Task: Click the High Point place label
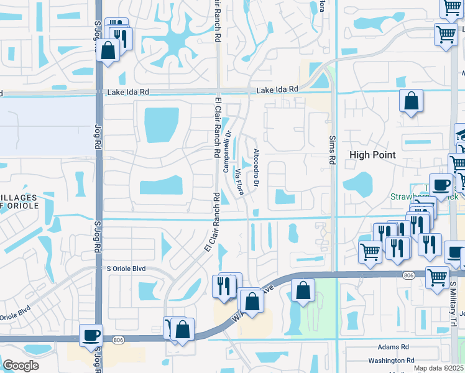(372, 155)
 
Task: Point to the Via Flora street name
(239, 181)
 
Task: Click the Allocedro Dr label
(256, 161)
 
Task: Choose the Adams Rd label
(393, 347)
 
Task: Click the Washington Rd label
(390, 361)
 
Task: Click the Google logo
(21, 366)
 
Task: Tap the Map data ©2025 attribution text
(439, 368)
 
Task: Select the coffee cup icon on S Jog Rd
(91, 335)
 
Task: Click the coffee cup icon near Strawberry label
(441, 185)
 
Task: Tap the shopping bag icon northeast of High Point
(411, 100)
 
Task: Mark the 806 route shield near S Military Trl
(408, 274)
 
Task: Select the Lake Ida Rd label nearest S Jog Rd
(128, 92)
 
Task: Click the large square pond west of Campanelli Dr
(162, 125)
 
